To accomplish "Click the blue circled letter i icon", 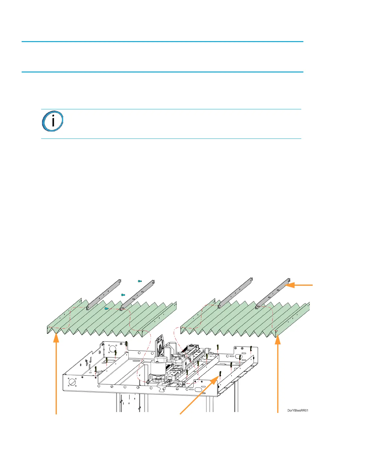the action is (52, 121).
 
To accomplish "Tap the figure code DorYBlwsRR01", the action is (298, 410).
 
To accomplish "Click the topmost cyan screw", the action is (140, 281).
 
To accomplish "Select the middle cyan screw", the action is (123, 295).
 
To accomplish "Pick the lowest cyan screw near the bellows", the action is (106, 308).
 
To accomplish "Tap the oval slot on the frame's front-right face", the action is (198, 389).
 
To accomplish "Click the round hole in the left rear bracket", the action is (112, 349).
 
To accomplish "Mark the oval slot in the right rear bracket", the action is (240, 356).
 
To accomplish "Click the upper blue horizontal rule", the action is (162, 42).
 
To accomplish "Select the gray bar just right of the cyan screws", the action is (138, 294).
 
